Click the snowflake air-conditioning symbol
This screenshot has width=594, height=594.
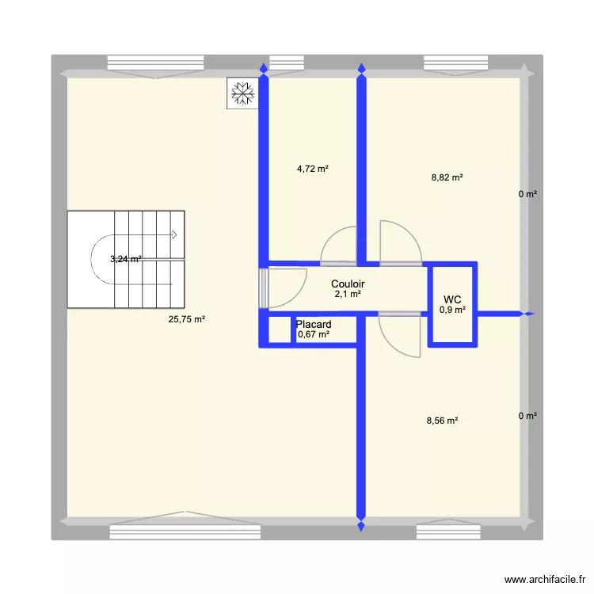242,93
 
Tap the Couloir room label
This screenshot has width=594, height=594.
348,284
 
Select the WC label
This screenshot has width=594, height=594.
452,299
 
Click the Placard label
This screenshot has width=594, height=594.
313,325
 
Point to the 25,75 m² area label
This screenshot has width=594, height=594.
187,319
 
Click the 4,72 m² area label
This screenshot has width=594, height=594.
313,168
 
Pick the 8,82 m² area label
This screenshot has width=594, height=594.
447,177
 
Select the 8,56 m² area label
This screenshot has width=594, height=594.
442,421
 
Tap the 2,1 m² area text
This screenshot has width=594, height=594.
348,294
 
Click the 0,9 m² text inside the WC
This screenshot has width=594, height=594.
452,310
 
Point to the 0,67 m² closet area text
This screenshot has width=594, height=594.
313,335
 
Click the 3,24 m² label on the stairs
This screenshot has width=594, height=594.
126,258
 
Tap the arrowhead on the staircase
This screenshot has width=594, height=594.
175,234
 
